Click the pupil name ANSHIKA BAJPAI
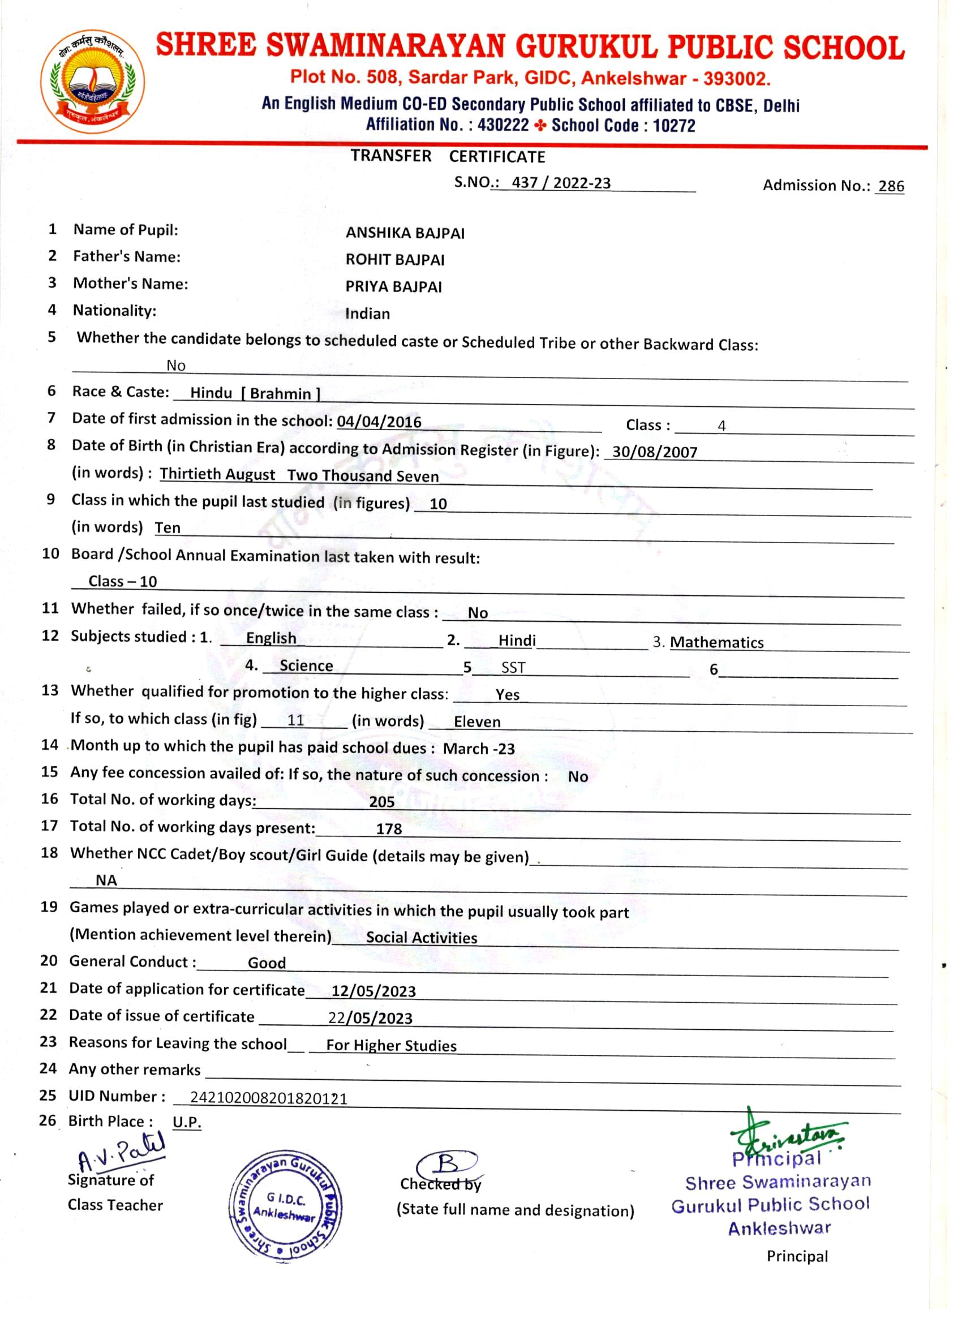(x=405, y=233)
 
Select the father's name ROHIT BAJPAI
(x=395, y=260)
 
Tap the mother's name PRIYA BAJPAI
(x=393, y=287)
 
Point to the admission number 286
(x=891, y=186)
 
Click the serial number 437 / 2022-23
(x=561, y=183)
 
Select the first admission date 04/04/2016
(x=379, y=422)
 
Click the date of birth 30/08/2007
(x=655, y=452)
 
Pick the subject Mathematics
(x=716, y=642)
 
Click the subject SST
(x=513, y=668)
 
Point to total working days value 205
(x=381, y=802)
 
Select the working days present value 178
(x=389, y=829)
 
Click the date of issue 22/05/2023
(x=370, y=1019)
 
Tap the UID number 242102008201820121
(x=269, y=1099)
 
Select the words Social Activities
(x=421, y=938)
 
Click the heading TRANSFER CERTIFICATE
(x=448, y=156)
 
